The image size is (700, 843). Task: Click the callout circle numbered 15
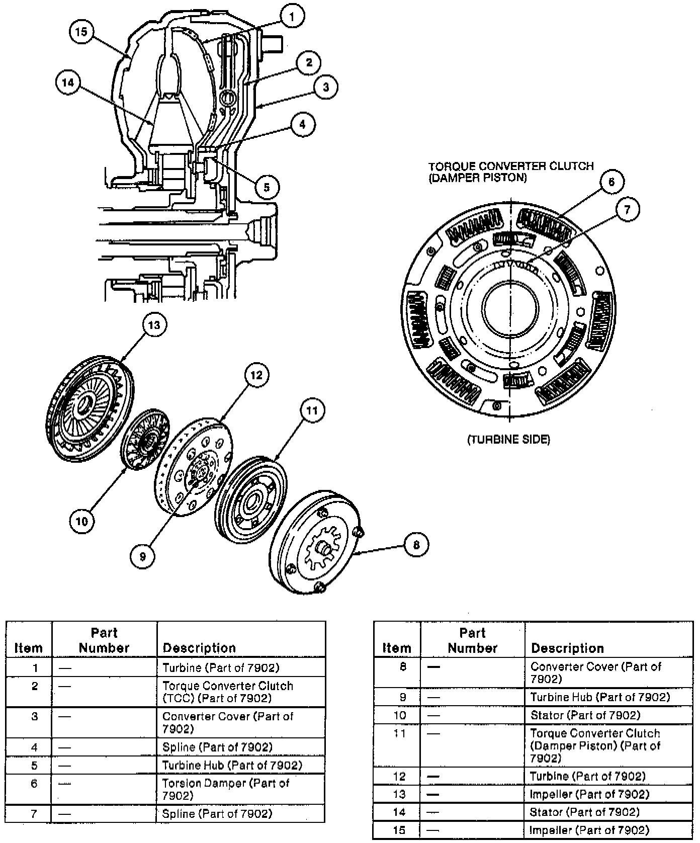[x=81, y=32]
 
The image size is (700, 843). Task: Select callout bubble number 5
[x=267, y=187]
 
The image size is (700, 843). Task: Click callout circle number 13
[x=154, y=325]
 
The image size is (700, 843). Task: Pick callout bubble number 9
[x=142, y=556]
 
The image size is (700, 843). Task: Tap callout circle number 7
[x=627, y=209]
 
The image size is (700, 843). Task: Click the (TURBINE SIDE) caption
[x=509, y=440]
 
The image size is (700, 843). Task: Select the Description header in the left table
[x=199, y=648]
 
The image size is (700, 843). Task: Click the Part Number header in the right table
[x=472, y=640]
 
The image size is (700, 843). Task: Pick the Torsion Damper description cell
[x=226, y=789]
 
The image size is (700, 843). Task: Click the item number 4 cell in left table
[x=34, y=747]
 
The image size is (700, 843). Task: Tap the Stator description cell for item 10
[x=585, y=715]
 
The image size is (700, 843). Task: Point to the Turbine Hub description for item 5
[x=232, y=765]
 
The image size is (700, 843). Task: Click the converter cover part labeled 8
[x=314, y=543]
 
